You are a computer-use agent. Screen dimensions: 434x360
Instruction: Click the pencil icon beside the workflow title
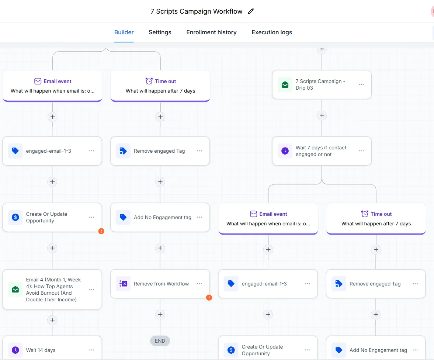[x=251, y=11]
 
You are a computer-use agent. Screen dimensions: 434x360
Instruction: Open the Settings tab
[x=160, y=32]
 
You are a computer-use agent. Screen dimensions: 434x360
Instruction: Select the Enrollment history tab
[x=211, y=32]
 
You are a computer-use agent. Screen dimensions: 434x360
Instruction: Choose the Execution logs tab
[x=272, y=32]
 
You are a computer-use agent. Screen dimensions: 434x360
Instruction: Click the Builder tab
[x=124, y=32]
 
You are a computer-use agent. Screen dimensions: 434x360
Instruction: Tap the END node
[x=160, y=341]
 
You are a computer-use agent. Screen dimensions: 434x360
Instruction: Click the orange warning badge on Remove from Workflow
[x=209, y=298]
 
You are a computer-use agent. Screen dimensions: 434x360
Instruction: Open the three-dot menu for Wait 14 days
[x=91, y=350]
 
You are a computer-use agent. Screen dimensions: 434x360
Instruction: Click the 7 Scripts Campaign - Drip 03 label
[x=320, y=84]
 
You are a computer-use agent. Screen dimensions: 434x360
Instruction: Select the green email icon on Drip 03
[x=285, y=84]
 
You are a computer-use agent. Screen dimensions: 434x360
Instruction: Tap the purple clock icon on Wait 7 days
[x=285, y=151]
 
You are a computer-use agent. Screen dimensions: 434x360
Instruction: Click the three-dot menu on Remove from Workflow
[x=199, y=284]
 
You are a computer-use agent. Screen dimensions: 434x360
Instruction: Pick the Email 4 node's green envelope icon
[x=15, y=290]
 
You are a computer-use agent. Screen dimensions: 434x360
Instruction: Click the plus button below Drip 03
[x=322, y=115]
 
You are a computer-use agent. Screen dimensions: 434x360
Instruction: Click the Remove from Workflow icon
[x=123, y=284]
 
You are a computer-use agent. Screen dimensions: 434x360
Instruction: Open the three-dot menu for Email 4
[x=91, y=290]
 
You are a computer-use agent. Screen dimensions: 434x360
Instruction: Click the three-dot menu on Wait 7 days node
[x=361, y=150]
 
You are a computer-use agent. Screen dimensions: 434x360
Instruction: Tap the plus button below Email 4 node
[x=52, y=320]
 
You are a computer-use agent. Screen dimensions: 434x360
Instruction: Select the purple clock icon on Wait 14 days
[x=15, y=350]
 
